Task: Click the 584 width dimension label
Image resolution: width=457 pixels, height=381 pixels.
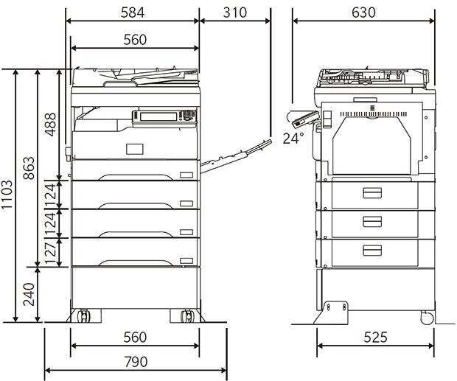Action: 133,13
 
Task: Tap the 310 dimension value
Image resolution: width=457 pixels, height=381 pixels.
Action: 234,13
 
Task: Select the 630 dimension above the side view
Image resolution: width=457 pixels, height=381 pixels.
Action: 363,13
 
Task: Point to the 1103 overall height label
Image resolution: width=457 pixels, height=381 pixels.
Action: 7,195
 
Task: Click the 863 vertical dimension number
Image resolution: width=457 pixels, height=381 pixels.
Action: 29,168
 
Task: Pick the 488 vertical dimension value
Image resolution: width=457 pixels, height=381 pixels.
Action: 50,125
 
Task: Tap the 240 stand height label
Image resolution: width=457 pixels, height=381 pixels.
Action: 29,294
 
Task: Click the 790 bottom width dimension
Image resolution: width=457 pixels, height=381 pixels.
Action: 136,362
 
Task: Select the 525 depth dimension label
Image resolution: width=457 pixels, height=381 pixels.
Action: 375,338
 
